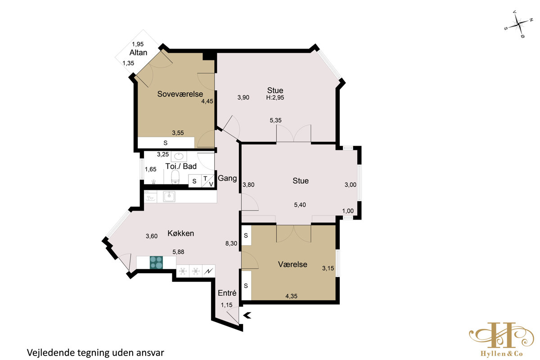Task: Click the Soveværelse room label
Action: pyautogui.click(x=180, y=94)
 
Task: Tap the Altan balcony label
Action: pyautogui.click(x=138, y=53)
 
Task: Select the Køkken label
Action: pyautogui.click(x=181, y=233)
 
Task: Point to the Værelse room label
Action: pyautogui.click(x=292, y=264)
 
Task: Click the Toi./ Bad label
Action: pyautogui.click(x=181, y=166)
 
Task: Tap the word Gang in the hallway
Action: pyautogui.click(x=227, y=179)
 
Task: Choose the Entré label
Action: pyautogui.click(x=227, y=293)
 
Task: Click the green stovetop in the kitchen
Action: pyautogui.click(x=156, y=262)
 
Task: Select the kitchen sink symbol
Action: pyautogui.click(x=169, y=197)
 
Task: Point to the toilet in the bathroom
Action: pyautogui.click(x=175, y=177)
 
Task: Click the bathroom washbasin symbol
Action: pyautogui.click(x=179, y=157)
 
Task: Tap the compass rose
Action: pyautogui.click(x=518, y=24)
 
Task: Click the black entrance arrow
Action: pyautogui.click(x=247, y=315)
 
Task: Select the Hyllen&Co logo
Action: pyautogui.click(x=501, y=339)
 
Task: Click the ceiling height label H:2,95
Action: pyautogui.click(x=275, y=98)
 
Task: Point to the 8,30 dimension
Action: pyautogui.click(x=231, y=243)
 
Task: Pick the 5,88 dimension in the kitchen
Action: pyautogui.click(x=178, y=252)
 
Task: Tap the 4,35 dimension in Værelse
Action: pyautogui.click(x=292, y=296)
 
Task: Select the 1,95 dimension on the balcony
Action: pyautogui.click(x=138, y=44)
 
